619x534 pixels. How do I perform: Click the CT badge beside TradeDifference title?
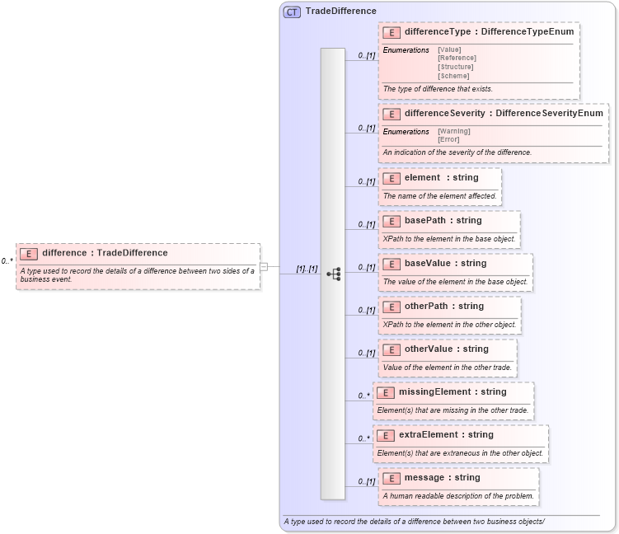(x=292, y=12)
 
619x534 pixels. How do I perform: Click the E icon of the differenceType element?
(x=392, y=32)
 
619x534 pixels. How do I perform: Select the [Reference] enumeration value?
(x=457, y=58)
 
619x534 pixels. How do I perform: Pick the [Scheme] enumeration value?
(x=453, y=76)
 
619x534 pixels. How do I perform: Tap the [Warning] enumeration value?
(x=454, y=131)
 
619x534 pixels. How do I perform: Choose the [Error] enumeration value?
(x=448, y=139)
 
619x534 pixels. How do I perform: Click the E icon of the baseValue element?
(x=392, y=264)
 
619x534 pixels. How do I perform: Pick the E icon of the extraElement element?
(x=386, y=434)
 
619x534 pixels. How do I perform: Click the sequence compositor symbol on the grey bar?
(x=334, y=274)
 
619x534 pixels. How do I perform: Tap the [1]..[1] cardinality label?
(x=307, y=269)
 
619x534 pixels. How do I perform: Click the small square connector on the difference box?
(x=264, y=266)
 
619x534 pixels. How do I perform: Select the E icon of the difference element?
(x=29, y=253)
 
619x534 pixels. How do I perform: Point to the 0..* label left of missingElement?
(x=363, y=396)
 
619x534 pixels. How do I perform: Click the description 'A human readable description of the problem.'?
(x=458, y=496)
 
